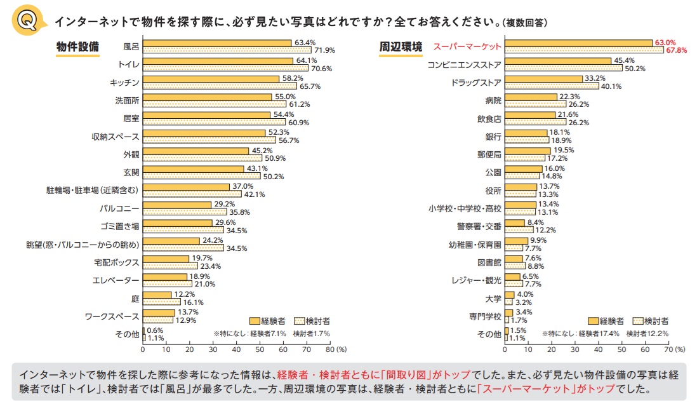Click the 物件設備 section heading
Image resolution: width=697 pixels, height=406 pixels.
pos(78,47)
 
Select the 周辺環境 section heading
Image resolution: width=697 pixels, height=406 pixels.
pos(401,47)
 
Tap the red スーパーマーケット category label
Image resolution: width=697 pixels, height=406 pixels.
pos(467,46)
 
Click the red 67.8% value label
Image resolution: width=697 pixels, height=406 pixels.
pos(675,50)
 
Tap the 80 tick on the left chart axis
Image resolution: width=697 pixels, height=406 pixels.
pos(330,349)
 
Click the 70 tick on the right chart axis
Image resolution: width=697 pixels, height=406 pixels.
pos(667,349)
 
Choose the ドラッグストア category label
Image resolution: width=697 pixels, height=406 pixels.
pos(476,83)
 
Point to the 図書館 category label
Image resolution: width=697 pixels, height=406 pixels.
pos(489,262)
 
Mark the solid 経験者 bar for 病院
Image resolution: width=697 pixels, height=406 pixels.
pos(531,97)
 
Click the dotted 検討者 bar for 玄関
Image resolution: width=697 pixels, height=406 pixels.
pos(201,176)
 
